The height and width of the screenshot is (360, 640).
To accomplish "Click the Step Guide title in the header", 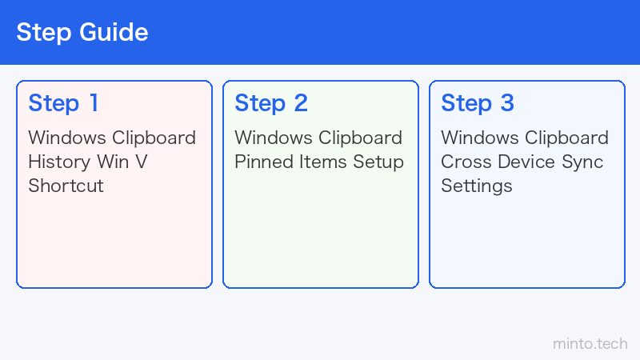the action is point(82,33).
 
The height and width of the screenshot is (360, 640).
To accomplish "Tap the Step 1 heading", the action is point(63,103).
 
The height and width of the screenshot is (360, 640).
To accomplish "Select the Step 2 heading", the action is point(271,103).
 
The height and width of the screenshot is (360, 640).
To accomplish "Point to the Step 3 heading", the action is point(478,103).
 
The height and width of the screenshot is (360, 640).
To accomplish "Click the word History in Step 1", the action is point(58,162).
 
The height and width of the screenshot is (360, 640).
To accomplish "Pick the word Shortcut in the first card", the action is point(66,186).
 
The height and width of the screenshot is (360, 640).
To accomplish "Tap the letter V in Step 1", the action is point(142,162).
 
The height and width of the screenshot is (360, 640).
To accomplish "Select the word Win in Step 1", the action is point(113,162).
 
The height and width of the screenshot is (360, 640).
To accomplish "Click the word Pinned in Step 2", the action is point(264,162).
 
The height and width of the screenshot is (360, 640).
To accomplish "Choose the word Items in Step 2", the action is point(323,162).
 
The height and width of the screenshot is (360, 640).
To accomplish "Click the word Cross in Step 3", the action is point(466,162).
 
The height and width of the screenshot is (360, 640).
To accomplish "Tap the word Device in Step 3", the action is point(526,162).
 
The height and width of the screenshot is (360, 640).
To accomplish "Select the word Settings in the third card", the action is point(476,186).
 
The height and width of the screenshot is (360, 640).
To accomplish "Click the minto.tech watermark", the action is point(590,344).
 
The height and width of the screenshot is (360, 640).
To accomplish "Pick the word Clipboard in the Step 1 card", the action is point(154,138).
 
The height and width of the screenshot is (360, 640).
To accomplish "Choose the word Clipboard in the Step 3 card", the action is point(566,138).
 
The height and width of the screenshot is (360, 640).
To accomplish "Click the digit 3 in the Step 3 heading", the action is point(507,103).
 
